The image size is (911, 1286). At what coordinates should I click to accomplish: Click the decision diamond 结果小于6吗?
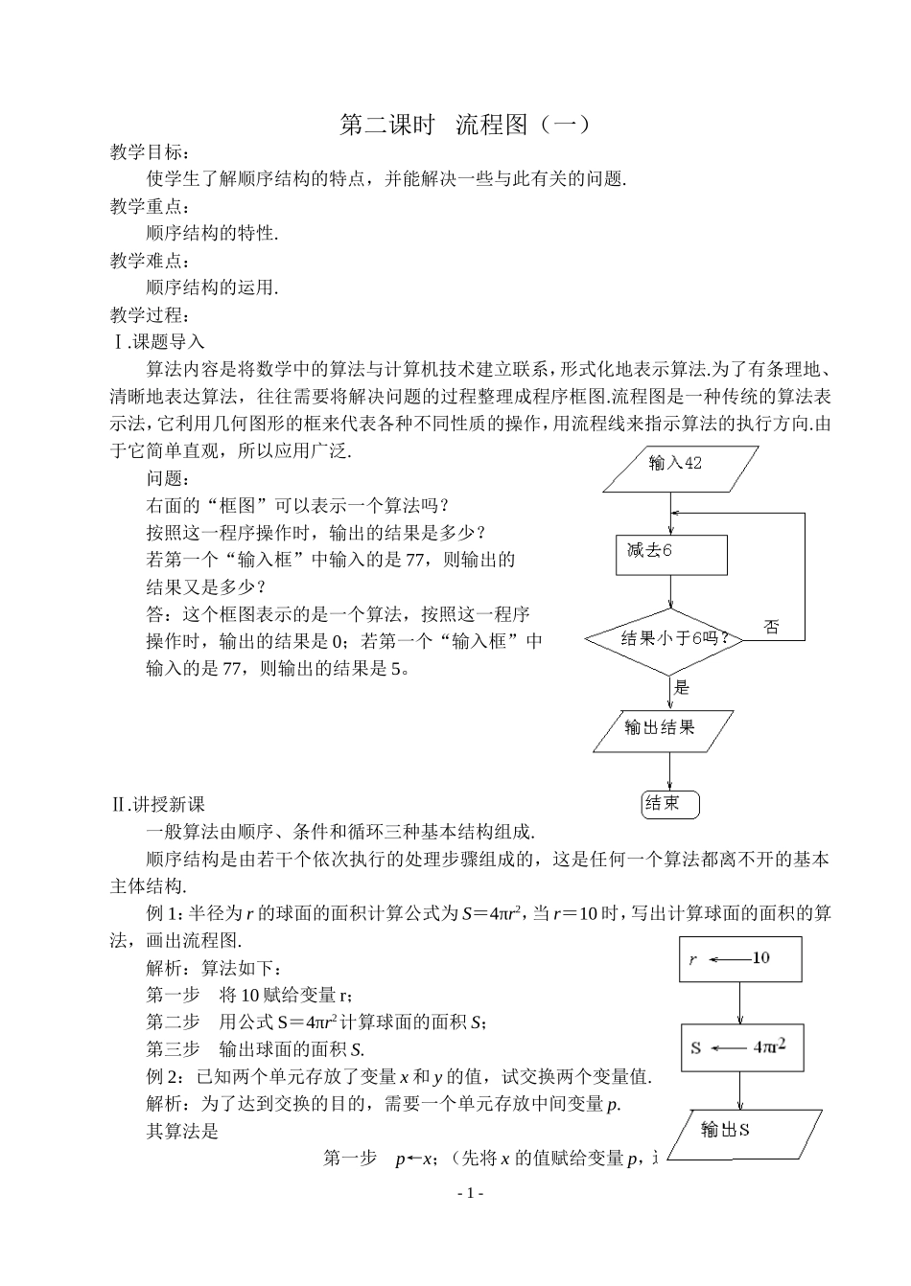[x=670, y=639]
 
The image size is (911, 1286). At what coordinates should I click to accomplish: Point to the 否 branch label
[x=771, y=629]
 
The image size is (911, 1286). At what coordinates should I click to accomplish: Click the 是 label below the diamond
[x=682, y=686]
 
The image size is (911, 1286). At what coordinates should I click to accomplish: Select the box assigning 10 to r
[x=739, y=959]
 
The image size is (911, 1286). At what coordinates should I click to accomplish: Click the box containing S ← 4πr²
[x=740, y=1047]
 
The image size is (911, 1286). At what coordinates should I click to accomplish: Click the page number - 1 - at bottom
[x=469, y=1193]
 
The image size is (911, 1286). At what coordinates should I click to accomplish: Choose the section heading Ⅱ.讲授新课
[x=157, y=804]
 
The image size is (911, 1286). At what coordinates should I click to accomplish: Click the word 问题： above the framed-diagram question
[x=168, y=477]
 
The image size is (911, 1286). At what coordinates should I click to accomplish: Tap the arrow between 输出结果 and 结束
[x=669, y=772]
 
